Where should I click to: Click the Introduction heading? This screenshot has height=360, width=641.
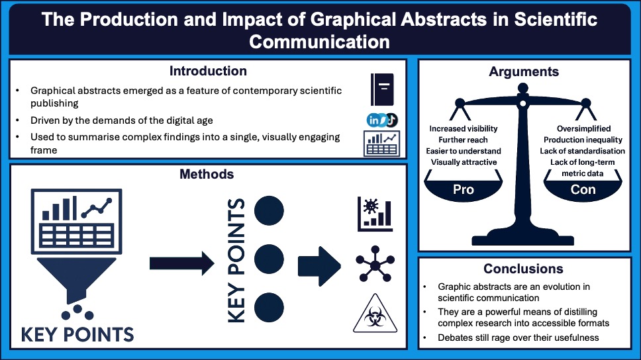click(x=208, y=71)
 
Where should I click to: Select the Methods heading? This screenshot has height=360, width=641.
click(x=207, y=174)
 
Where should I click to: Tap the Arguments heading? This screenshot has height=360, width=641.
click(x=524, y=71)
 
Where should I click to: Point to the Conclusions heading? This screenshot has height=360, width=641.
click(x=523, y=269)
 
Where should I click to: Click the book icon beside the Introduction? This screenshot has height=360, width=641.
click(x=383, y=90)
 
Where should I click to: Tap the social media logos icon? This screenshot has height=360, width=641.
click(x=382, y=120)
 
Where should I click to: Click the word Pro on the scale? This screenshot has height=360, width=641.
click(x=463, y=189)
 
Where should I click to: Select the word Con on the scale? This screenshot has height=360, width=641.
click(x=583, y=189)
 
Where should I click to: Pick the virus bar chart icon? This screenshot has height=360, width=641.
click(x=375, y=214)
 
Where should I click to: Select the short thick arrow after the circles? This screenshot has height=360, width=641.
click(x=319, y=264)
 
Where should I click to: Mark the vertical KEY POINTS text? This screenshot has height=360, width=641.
click(x=236, y=260)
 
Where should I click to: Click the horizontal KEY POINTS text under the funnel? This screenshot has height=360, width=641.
click(x=77, y=333)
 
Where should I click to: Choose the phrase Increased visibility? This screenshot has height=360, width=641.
click(x=463, y=128)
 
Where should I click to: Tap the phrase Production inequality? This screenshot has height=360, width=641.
click(x=583, y=140)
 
